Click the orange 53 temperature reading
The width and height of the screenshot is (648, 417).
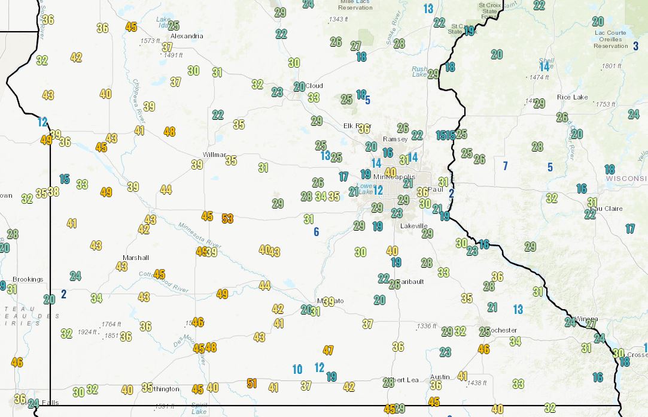click(227, 219)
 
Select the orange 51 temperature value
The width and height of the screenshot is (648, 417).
click(252, 383)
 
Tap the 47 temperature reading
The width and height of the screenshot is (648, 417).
click(328, 350)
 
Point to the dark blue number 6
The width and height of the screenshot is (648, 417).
click(317, 232)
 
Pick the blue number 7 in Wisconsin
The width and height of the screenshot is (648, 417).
click(505, 165)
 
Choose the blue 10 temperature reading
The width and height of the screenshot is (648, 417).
click(297, 370)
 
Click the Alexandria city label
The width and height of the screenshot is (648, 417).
click(187, 36)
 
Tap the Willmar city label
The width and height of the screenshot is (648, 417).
click(215, 155)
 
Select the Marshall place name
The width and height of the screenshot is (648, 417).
click(135, 258)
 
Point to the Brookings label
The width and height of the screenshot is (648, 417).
click(28, 279)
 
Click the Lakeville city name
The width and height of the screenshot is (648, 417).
click(414, 226)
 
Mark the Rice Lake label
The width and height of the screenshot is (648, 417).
click(572, 97)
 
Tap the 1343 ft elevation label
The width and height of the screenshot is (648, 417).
click(338, 20)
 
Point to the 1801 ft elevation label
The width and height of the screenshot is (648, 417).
click(612, 66)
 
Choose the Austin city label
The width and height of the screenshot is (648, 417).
click(439, 377)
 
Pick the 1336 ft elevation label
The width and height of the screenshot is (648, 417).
click(427, 327)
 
